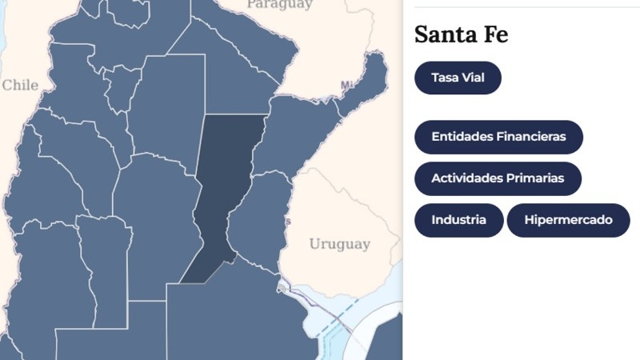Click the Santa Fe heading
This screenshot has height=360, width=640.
(461, 35)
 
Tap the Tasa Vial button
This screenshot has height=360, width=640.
(458, 78)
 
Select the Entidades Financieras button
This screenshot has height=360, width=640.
(498, 137)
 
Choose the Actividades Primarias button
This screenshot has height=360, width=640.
(498, 178)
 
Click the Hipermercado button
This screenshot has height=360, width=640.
(568, 221)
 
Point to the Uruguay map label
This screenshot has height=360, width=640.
(339, 244)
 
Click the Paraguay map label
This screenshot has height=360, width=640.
(279, 5)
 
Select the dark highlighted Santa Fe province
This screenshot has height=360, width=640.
(224, 192)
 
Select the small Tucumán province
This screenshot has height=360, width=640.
(121, 88)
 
